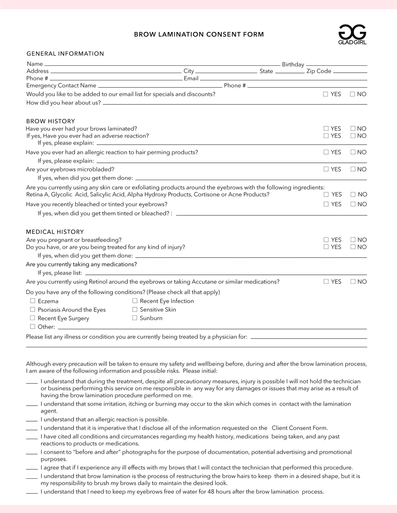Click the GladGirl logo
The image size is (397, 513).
pos(352,34)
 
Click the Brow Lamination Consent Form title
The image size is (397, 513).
pos(199,34)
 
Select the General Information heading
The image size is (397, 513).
pos(65,54)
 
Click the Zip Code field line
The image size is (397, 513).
pos(350,72)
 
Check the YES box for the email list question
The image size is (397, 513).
pos(326,94)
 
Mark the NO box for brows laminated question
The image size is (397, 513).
pos(353,128)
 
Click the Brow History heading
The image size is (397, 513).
pos(51,121)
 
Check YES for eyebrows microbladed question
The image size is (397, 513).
pos(326,169)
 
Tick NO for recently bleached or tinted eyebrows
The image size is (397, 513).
pos(353,204)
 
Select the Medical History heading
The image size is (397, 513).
pos(55,232)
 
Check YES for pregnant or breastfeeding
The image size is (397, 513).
pos(326,240)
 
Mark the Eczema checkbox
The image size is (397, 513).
pos(32,301)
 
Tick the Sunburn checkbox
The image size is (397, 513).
pos(135,318)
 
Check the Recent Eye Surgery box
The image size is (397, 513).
pos(32,318)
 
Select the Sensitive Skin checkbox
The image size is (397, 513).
pos(135,310)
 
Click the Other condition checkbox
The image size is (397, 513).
pos(32,327)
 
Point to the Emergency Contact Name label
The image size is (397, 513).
pos(61,86)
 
